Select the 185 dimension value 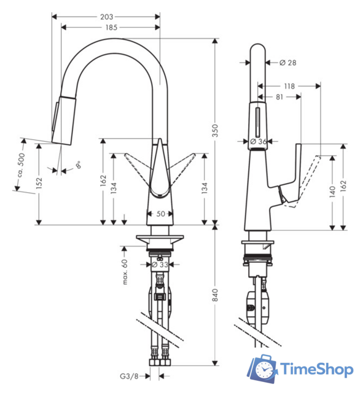[112, 28]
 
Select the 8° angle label [77, 165]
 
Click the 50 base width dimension [161, 214]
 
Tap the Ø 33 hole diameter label [161, 265]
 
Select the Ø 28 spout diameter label [288, 63]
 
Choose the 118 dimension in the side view [291, 87]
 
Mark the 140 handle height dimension [332, 190]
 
